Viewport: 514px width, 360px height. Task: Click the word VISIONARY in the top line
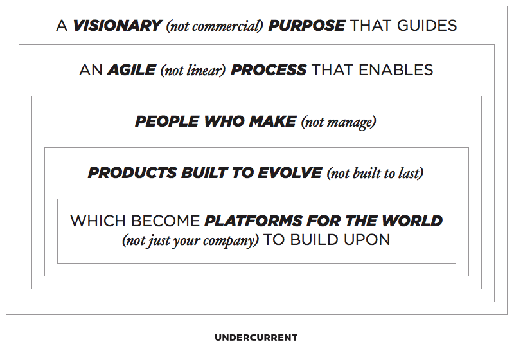pos(117,26)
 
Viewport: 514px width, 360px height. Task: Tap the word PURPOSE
pos(306,26)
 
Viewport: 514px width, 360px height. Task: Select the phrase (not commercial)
pos(215,26)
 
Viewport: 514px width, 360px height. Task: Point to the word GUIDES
pos(427,26)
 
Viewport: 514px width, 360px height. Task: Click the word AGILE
pos(132,70)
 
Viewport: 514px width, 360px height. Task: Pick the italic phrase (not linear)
pos(193,71)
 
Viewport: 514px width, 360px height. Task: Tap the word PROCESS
pos(269,70)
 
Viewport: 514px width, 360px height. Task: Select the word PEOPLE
pos(167,122)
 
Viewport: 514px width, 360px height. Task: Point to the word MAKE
pos(272,122)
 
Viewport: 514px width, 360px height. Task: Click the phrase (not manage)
pos(339,122)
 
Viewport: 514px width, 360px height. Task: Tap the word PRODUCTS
pos(132,173)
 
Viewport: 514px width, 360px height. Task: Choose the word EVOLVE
pos(290,173)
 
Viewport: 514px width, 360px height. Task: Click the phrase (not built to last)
pos(375,174)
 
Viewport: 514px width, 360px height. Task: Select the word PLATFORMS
pos(253,221)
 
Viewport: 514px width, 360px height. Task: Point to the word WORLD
pos(412,221)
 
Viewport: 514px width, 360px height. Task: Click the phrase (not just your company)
pos(190,240)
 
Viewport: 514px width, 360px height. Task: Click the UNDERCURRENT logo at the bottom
pos(256,337)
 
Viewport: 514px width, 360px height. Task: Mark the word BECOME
pos(166,221)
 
